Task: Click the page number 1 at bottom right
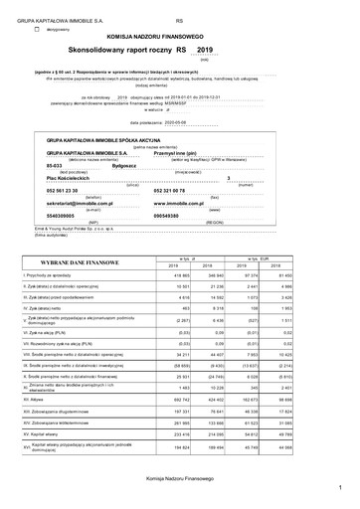338,487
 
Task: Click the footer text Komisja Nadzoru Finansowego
180,478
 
